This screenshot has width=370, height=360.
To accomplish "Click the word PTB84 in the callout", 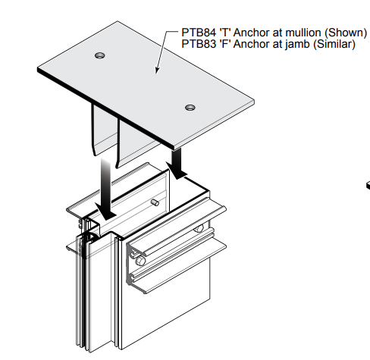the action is point(199,33).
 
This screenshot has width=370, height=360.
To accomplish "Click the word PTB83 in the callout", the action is point(199,44).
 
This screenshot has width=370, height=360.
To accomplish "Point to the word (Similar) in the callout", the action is point(334,45).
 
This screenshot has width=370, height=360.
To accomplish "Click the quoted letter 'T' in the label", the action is point(225,33).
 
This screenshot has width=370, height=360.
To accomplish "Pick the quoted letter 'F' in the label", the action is point(225,44).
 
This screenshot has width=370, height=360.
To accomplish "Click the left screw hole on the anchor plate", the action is point(100,55).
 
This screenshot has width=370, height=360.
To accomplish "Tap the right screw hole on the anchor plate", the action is point(190,108).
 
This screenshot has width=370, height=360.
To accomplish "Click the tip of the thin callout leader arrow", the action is point(156,74).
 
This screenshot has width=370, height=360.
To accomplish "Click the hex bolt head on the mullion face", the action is point(140,261).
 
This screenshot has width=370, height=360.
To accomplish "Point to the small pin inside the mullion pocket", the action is point(155,202).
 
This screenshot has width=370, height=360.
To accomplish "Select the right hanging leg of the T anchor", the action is point(138,142).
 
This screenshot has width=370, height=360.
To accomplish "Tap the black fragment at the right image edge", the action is point(368,185).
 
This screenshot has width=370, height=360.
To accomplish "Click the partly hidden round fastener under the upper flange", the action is point(199,229).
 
